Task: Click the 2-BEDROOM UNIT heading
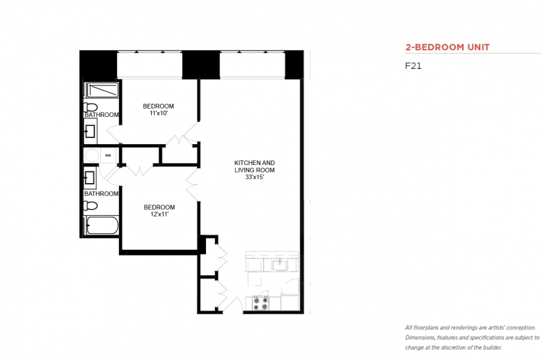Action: pos(448,47)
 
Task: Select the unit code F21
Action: pos(413,66)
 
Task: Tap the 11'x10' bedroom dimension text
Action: pos(159,114)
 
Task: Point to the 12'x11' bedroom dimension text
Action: pos(159,214)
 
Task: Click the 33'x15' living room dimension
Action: pos(255,178)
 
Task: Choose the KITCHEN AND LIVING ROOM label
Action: pos(255,166)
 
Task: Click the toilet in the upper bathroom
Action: pos(90,107)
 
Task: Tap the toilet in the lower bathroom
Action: pos(90,206)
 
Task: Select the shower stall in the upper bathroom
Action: pos(102,90)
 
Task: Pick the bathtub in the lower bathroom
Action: pos(102,226)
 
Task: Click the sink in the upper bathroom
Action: pos(90,132)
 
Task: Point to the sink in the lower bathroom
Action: pos(90,178)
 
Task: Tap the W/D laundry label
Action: pos(108,155)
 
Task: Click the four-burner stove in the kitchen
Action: pos(260,304)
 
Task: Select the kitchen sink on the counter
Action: pos(279,265)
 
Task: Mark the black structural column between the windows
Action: pos(201,65)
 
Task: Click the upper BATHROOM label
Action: pos(102,115)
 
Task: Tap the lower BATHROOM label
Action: pos(101,194)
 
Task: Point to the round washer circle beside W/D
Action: pos(92,155)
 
